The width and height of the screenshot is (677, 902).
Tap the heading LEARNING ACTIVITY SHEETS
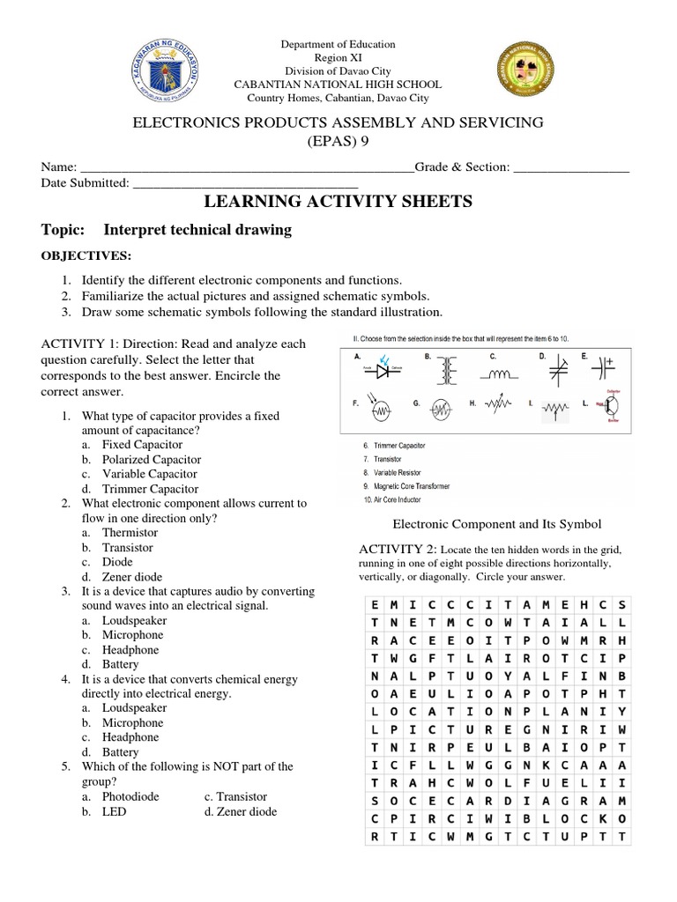[x=338, y=203]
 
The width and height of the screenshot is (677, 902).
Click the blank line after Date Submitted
[x=245, y=183]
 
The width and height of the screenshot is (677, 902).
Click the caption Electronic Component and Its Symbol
[x=496, y=524]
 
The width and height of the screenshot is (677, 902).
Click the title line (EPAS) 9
[x=338, y=140]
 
